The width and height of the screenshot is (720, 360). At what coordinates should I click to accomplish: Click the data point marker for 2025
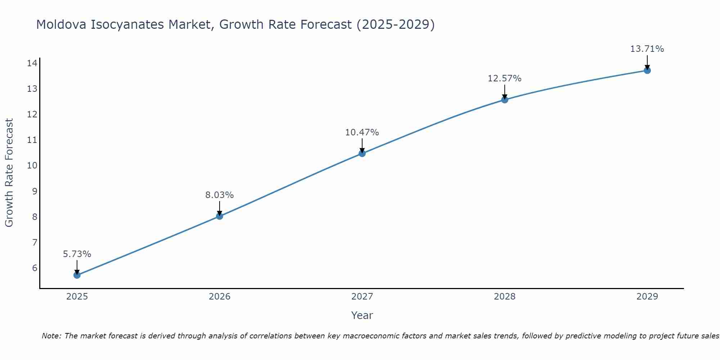click(x=77, y=275)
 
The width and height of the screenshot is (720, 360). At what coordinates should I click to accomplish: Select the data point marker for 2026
click(x=220, y=216)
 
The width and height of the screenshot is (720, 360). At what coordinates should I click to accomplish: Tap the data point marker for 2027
click(x=362, y=153)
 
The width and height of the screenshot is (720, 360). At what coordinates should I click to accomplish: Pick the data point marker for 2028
click(x=505, y=100)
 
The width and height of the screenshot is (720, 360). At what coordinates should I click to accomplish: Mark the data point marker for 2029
click(x=647, y=70)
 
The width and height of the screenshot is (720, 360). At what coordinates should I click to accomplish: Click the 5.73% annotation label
click(x=77, y=254)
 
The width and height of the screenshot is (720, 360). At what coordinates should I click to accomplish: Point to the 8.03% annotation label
click(x=220, y=195)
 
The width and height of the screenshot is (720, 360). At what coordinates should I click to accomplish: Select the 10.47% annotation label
click(x=362, y=132)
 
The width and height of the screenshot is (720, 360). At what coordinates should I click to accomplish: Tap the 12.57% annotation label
click(x=505, y=78)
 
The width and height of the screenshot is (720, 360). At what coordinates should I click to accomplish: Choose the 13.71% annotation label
click(x=647, y=49)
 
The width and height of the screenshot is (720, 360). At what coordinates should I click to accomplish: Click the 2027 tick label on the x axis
click(x=362, y=297)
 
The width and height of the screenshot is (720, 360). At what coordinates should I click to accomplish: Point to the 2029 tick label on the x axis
click(x=647, y=297)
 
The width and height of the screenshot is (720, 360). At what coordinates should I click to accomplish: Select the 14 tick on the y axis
click(x=32, y=63)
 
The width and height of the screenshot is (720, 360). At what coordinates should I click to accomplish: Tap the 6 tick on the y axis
click(x=35, y=268)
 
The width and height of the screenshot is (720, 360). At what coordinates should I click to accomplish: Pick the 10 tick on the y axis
click(x=32, y=166)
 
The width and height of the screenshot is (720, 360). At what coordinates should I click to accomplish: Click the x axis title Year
click(x=362, y=315)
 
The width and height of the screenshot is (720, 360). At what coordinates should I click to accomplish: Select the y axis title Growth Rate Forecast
click(x=9, y=173)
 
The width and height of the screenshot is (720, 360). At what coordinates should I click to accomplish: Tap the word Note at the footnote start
click(x=52, y=336)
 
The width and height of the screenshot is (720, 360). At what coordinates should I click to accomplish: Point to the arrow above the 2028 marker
click(x=505, y=91)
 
